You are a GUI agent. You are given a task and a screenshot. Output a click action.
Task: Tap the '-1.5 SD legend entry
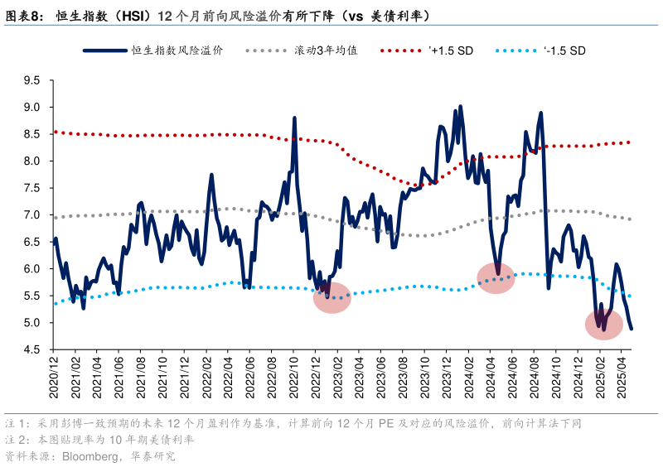pos(564,51)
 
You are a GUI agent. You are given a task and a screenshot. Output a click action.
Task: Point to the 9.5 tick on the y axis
pos(32,80)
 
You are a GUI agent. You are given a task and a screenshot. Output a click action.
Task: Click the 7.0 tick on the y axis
pos(32,215)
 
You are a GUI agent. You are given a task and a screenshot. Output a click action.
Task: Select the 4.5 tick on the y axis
pos(32,349)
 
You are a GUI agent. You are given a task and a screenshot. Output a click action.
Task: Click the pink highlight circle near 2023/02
pos(332,297)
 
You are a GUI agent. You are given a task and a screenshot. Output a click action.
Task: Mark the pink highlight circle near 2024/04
pos(496,278)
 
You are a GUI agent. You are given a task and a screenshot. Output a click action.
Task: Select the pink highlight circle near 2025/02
pos(603,324)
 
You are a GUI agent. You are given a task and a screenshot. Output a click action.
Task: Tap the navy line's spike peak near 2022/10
pos(294,118)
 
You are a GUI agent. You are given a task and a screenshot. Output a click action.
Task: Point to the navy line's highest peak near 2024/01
pos(460,106)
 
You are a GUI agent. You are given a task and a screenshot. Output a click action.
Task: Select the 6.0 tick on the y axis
pos(32,269)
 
